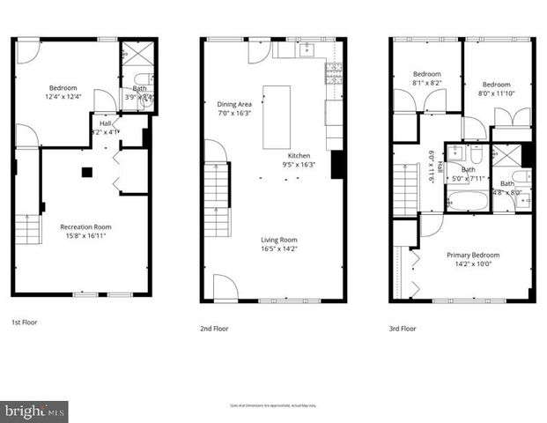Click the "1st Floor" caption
pyautogui.click(x=24, y=323)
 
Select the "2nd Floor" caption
pyautogui.click(x=214, y=328)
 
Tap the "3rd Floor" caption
pyautogui.click(x=403, y=328)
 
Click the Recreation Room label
pyautogui.click(x=85, y=226)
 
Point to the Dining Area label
pyautogui.click(x=233, y=103)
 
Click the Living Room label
pyautogui.click(x=278, y=239)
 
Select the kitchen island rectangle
pyautogui.click(x=276, y=116)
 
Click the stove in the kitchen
pyautogui.click(x=334, y=74)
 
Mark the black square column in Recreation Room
pyautogui.click(x=85, y=173)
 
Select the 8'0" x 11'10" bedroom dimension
pyautogui.click(x=498, y=92)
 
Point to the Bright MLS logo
pyautogui.click(x=34, y=412)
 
